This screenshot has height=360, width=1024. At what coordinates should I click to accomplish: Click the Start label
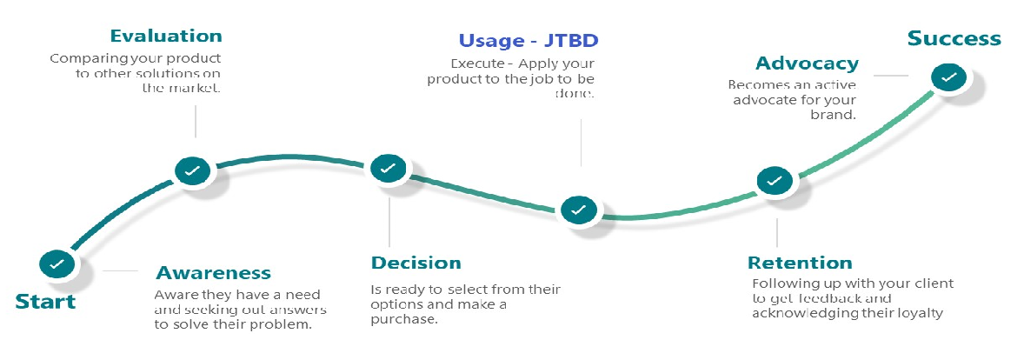pyautogui.click(x=46, y=301)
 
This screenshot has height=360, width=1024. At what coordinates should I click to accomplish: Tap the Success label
pyautogui.click(x=954, y=38)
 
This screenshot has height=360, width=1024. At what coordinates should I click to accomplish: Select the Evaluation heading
pyautogui.click(x=166, y=36)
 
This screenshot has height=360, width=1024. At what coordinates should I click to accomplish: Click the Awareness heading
pyautogui.click(x=214, y=272)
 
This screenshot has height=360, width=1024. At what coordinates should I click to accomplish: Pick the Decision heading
pyautogui.click(x=416, y=263)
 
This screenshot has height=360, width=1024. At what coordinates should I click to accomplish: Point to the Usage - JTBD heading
pyautogui.click(x=529, y=41)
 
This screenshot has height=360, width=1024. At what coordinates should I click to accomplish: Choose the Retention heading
pyautogui.click(x=800, y=263)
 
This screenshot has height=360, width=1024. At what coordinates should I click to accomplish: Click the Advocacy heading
pyautogui.click(x=808, y=63)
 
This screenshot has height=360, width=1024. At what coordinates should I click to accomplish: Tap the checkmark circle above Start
pyautogui.click(x=57, y=264)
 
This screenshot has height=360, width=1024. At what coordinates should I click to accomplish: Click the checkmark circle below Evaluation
pyautogui.click(x=193, y=170)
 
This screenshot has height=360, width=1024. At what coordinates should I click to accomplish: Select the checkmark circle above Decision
pyautogui.click(x=388, y=168)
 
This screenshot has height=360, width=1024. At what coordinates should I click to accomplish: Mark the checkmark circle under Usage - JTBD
pyautogui.click(x=578, y=210)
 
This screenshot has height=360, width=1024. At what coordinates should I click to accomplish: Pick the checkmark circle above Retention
pyautogui.click(x=775, y=180)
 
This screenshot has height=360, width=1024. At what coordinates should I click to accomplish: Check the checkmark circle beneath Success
pyautogui.click(x=949, y=77)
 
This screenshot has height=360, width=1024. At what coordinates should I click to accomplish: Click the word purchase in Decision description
pyautogui.click(x=402, y=320)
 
